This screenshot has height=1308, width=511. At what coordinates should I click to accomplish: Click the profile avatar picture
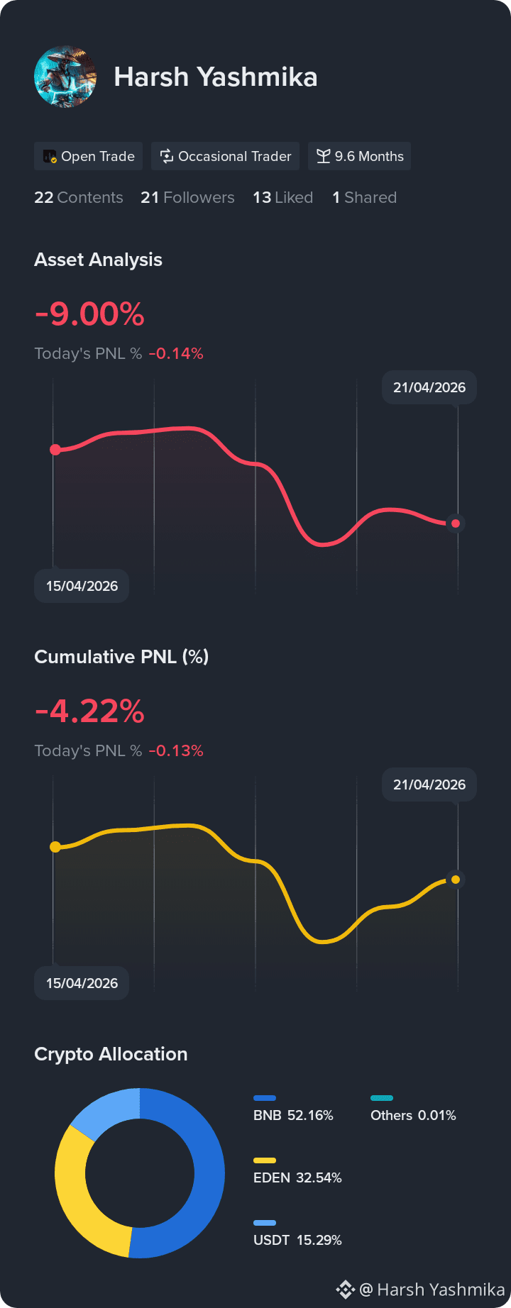coord(65,77)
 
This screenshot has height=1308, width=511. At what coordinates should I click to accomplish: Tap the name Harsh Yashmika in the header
coord(216,77)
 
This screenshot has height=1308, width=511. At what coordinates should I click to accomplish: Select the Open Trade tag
coord(89,156)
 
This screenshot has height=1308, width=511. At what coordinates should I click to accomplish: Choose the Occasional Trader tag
coord(226,156)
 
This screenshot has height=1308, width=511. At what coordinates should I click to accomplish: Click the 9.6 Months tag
coord(360,156)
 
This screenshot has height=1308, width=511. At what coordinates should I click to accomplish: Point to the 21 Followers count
coord(187,197)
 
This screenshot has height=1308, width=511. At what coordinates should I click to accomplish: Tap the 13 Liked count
coord(283,197)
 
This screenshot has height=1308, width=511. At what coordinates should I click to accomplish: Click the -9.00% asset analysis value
coord(89,314)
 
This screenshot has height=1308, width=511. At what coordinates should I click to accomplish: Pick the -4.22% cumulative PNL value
coord(89,711)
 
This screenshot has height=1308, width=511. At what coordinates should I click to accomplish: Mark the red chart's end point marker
coord(456,523)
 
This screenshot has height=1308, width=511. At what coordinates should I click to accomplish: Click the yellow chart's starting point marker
coord(55,847)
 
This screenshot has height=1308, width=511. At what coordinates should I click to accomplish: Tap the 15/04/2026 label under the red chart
coord(82,586)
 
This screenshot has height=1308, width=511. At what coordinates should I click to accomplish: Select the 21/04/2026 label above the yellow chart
coord(429,785)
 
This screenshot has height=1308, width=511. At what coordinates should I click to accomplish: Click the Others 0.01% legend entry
coord(413,1109)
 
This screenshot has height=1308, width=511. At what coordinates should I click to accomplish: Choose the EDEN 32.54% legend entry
coord(297,1172)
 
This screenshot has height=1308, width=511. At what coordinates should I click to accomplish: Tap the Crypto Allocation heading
coord(111,1054)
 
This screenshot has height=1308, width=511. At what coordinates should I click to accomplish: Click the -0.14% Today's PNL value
coord(176,353)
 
